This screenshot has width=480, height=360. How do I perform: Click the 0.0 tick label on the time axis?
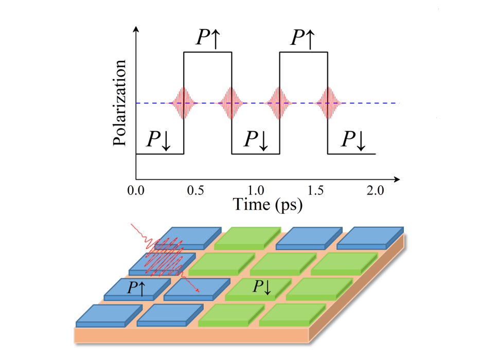pyautogui.click(x=136, y=190)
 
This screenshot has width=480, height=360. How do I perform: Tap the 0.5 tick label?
pyautogui.click(x=195, y=190)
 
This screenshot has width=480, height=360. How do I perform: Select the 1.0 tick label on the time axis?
pyautogui.click(x=256, y=190)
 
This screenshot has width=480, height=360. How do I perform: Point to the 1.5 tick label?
pyautogui.click(x=315, y=190)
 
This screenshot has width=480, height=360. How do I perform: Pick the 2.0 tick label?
pyautogui.click(x=376, y=190)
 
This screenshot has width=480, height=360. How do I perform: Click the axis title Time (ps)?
pyautogui.click(x=268, y=205)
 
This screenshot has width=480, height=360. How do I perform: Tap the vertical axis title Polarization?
pyautogui.click(x=119, y=103)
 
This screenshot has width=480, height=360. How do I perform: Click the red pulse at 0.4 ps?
pyautogui.click(x=184, y=103)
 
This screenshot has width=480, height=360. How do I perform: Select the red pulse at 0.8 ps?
pyautogui.click(x=232, y=103)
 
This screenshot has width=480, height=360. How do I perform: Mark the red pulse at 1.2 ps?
pyautogui.click(x=279, y=103)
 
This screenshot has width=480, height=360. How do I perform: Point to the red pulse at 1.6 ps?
pyautogui.click(x=328, y=103)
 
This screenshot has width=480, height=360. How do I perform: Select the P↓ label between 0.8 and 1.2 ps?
pyautogui.click(x=256, y=140)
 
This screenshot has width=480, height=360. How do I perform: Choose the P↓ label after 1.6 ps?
pyautogui.click(x=353, y=140)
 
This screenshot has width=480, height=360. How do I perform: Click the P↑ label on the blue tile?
pyautogui.click(x=136, y=289)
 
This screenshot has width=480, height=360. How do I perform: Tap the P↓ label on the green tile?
pyautogui.click(x=262, y=287)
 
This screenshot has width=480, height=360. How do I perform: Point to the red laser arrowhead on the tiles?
pyautogui.click(x=198, y=290)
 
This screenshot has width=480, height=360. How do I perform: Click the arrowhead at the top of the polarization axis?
pyautogui.click(x=136, y=29)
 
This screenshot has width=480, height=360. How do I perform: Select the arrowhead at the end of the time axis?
pyautogui.click(x=397, y=179)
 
